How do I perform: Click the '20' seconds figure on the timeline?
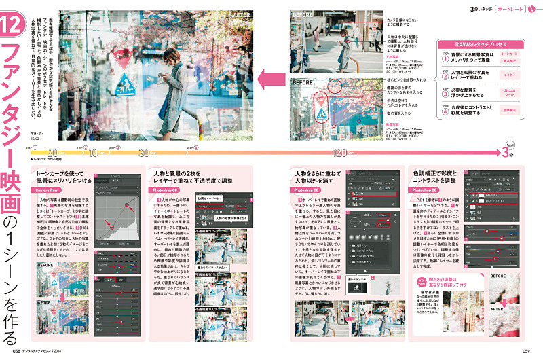click(x=54, y=153)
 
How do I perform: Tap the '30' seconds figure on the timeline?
click(x=144, y=153)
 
